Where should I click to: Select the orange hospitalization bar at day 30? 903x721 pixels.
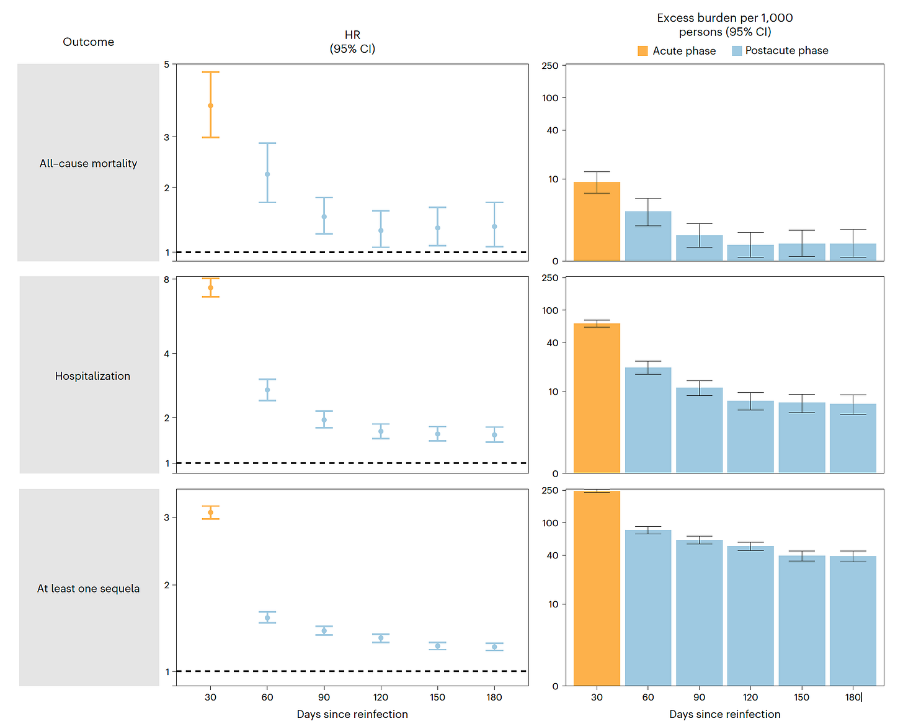pyautogui.click(x=597, y=398)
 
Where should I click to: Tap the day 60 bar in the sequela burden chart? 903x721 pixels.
pyautogui.click(x=648, y=607)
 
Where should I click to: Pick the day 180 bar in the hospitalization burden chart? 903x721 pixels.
pyautogui.click(x=853, y=438)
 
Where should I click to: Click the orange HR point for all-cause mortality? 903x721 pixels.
pyautogui.click(x=211, y=105)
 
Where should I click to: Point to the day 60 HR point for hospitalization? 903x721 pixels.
pyautogui.click(x=267, y=390)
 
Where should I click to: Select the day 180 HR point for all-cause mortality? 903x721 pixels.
pyautogui.click(x=494, y=226)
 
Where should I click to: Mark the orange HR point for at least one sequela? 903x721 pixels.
pyautogui.click(x=211, y=513)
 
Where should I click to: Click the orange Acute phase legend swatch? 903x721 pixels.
pyautogui.click(x=643, y=51)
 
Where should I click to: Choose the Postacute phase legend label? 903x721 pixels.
pyautogui.click(x=786, y=51)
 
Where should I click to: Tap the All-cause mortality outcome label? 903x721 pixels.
pyautogui.click(x=88, y=163)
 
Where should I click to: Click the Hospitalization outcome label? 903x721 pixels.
pyautogui.click(x=92, y=376)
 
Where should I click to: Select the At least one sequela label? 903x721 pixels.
pyautogui.click(x=88, y=588)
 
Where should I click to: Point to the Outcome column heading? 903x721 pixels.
pyautogui.click(x=88, y=42)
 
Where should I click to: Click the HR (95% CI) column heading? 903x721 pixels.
pyautogui.click(x=352, y=42)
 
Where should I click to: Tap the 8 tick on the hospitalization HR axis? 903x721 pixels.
pyautogui.click(x=166, y=280)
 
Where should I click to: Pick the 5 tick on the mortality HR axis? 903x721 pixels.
pyautogui.click(x=166, y=65)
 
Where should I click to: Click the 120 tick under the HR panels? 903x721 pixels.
pyautogui.click(x=381, y=697)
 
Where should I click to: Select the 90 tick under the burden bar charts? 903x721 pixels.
pyautogui.click(x=699, y=697)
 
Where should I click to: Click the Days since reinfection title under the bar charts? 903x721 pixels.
pyautogui.click(x=724, y=714)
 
